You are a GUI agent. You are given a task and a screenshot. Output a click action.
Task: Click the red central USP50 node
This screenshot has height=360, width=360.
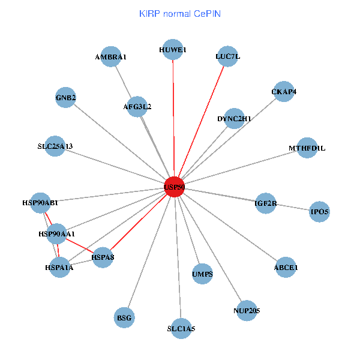point(174,187)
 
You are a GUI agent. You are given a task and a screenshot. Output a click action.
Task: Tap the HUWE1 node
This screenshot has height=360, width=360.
point(173,50)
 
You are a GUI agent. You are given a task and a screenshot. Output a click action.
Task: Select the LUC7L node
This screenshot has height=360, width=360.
point(227,56)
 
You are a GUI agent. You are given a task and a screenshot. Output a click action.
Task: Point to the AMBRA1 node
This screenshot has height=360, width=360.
point(111,56)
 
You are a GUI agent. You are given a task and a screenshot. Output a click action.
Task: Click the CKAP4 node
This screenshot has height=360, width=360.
point(283,91)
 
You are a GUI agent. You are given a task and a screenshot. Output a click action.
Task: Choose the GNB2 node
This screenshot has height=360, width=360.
point(65,97)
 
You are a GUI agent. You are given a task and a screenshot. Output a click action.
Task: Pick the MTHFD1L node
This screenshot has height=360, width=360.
point(307,148)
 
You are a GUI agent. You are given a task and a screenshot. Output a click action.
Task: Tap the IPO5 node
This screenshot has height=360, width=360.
point(319,211)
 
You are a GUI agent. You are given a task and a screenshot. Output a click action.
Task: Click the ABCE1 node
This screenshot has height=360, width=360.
point(286,267)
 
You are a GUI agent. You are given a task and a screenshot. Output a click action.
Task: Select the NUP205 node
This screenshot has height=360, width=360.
point(247,310)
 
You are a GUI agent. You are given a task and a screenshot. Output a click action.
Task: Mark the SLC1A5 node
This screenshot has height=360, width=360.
point(181,328)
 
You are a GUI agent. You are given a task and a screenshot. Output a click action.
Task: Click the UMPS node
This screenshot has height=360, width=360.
point(203,274)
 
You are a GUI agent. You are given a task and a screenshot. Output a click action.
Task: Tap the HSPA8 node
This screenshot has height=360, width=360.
point(103,257)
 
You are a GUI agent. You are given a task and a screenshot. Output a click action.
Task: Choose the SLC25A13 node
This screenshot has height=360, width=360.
point(55,146)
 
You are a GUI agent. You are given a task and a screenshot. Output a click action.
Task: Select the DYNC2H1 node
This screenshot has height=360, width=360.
point(234,118)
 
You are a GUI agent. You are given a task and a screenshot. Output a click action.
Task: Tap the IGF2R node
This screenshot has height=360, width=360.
point(265,203)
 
